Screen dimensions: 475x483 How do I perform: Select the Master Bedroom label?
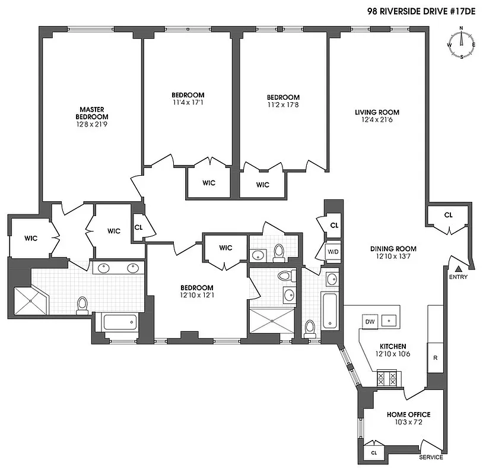tap(92, 113)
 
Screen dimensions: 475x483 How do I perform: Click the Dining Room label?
tap(393, 249)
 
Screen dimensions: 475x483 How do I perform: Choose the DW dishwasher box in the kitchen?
tap(370, 321)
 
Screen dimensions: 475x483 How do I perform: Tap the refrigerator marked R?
tap(435, 358)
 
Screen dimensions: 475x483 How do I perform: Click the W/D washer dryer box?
tap(334, 252)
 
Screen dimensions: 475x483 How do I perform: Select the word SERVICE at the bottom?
tap(431, 457)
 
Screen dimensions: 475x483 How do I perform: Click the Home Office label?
tap(408, 414)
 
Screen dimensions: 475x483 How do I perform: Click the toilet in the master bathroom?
tap(82, 305)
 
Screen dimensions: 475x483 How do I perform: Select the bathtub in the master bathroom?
tap(120, 322)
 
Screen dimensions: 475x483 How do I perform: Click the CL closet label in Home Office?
tap(373, 452)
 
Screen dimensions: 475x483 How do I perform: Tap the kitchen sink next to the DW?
tap(390, 321)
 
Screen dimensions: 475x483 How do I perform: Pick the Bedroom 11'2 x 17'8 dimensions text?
tap(282, 105)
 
